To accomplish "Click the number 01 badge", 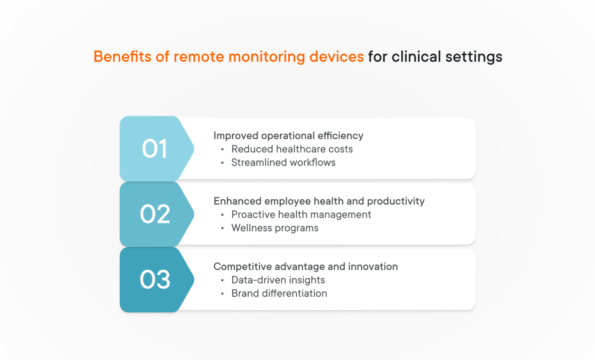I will [x=155, y=149].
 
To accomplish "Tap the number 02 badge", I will [x=155, y=214].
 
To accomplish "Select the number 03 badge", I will [x=155, y=280].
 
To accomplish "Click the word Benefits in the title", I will [x=122, y=57].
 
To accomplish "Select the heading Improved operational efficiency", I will [x=288, y=136].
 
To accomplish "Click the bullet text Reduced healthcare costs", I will [x=292, y=149].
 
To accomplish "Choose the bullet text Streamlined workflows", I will [x=283, y=163].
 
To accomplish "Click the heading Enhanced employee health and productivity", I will [x=319, y=201].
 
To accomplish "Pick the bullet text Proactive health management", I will [x=301, y=215].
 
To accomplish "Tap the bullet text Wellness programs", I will [x=275, y=228].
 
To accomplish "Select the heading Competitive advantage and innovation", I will [x=306, y=267].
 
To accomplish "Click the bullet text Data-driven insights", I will [x=278, y=280].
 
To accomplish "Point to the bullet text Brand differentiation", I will [x=279, y=294].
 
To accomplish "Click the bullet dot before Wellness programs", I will [x=222, y=229].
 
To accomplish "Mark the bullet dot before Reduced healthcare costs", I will [x=222, y=150].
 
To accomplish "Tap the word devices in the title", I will [x=336, y=57].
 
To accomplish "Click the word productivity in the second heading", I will [x=396, y=202].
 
